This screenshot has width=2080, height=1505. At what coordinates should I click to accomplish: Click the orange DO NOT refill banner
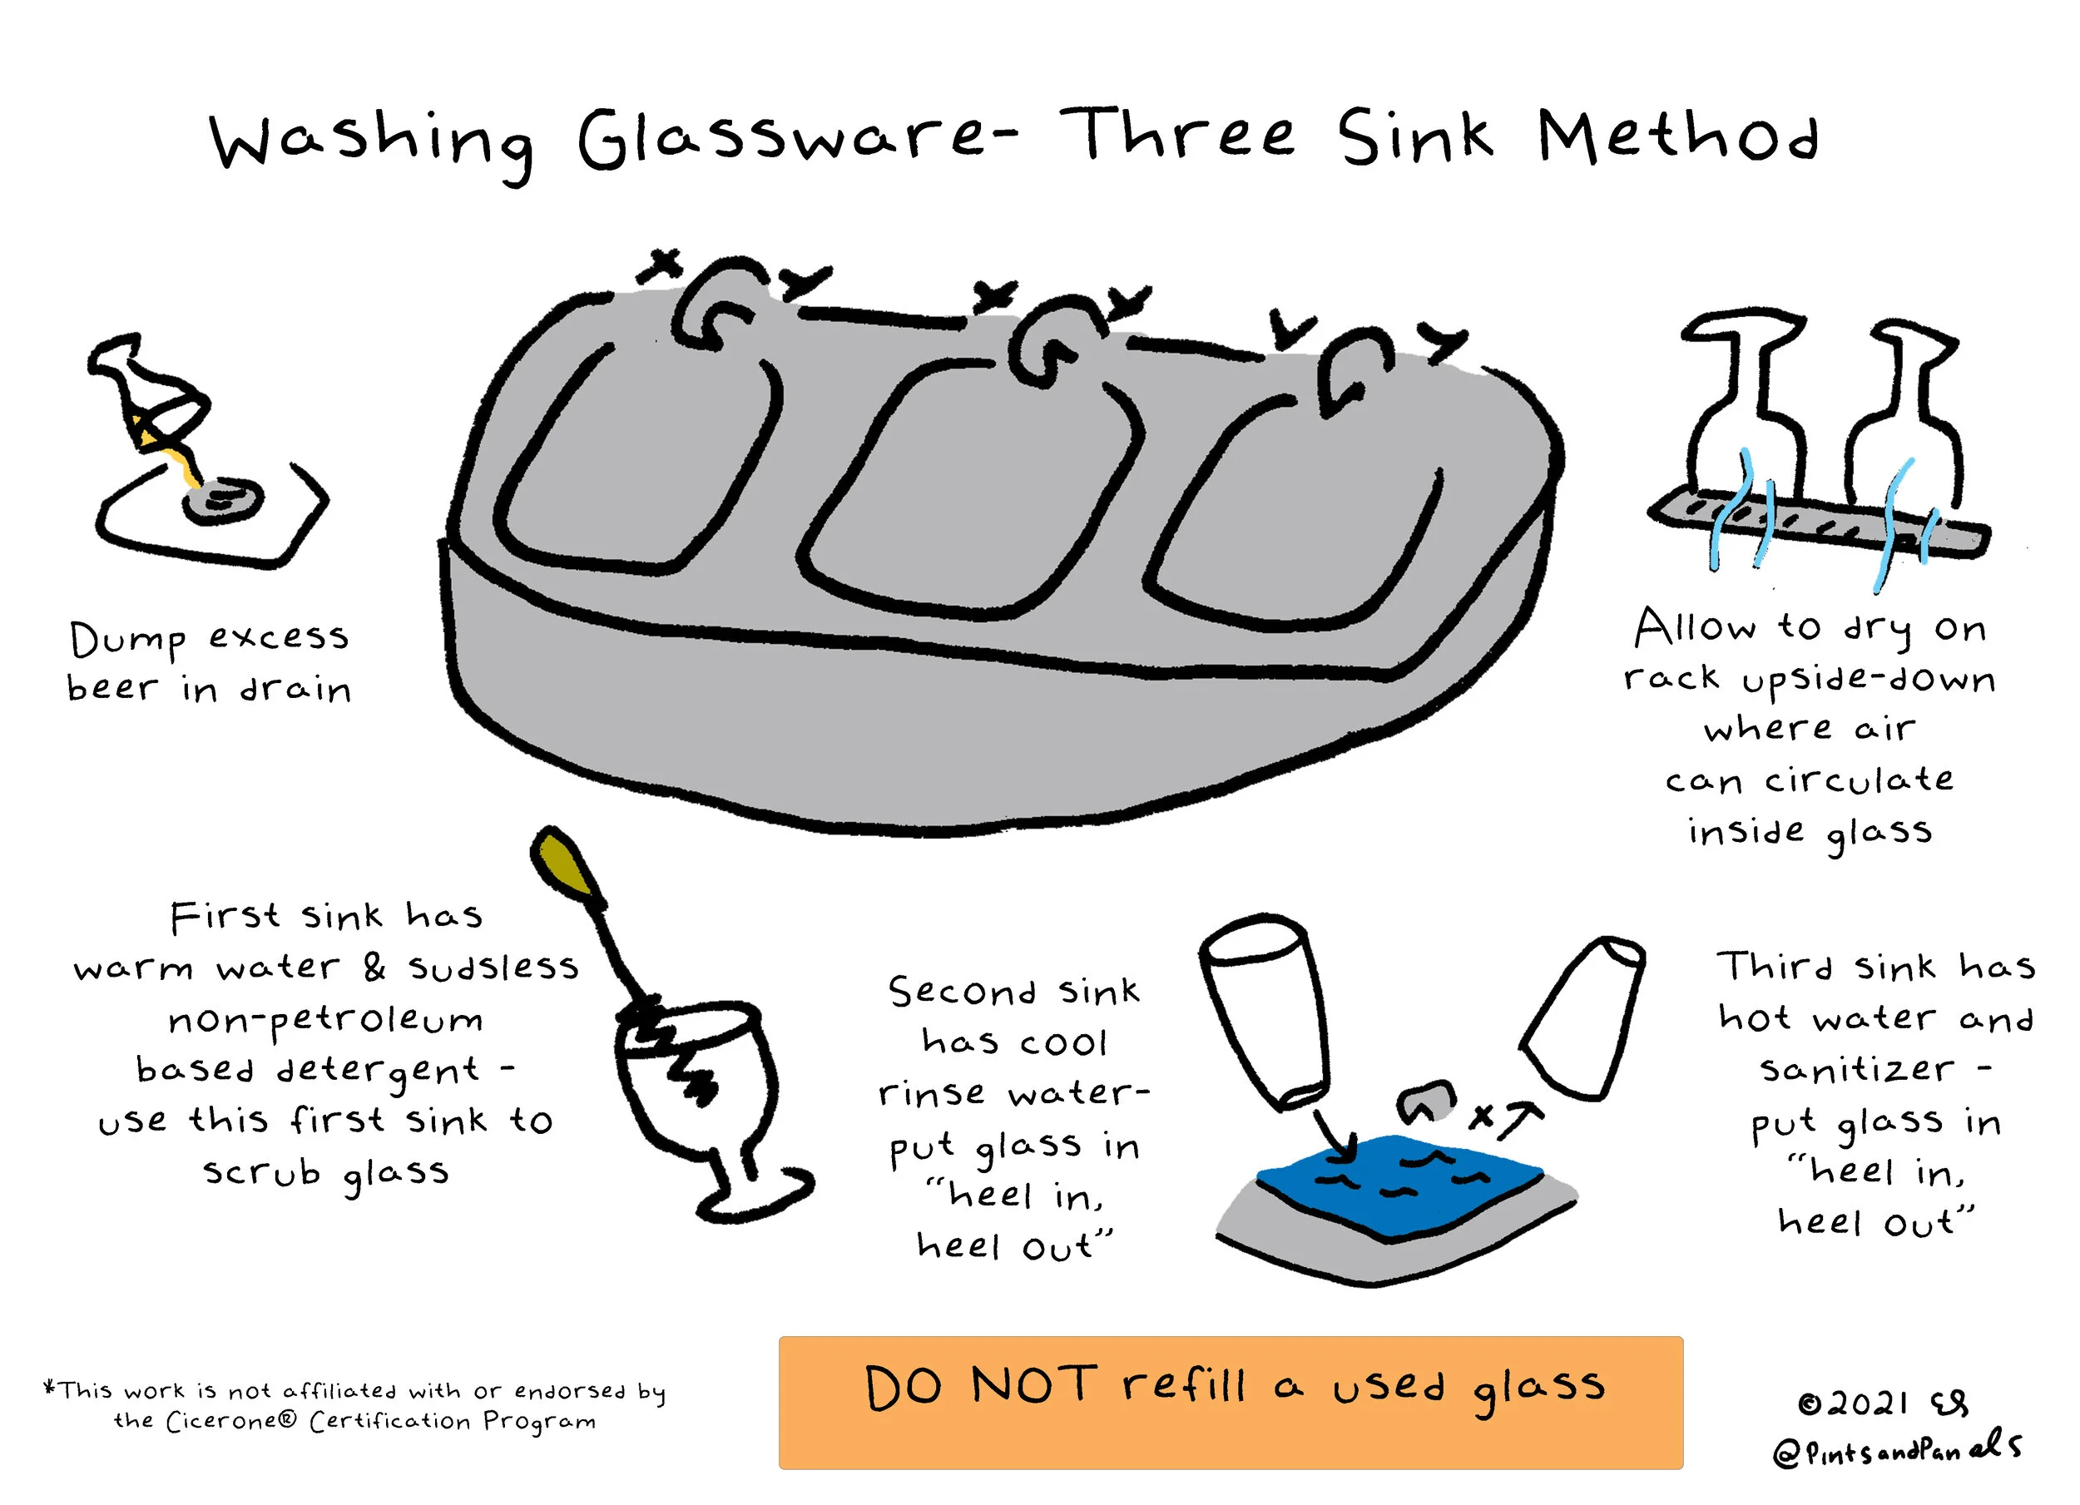[1231, 1404]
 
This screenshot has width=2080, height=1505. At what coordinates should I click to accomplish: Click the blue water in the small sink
[1398, 1183]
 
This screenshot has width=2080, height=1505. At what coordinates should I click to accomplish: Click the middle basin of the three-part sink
[972, 486]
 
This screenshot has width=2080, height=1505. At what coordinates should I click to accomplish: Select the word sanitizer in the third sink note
[1857, 1069]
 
